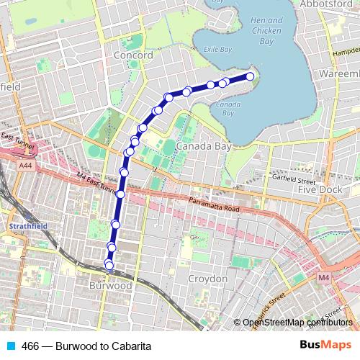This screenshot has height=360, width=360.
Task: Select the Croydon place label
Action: tap(207, 279)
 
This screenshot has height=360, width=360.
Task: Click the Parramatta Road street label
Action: tap(213, 205)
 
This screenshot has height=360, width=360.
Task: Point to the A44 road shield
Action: tap(26, 166)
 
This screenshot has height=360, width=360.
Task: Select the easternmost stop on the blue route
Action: tap(251, 76)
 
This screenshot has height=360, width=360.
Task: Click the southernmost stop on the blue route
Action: tap(109, 266)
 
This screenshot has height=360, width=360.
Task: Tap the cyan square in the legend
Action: tap(9, 346)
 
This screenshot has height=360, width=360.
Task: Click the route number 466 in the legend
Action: tap(30, 346)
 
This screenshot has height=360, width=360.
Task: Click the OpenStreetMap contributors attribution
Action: tap(297, 322)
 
